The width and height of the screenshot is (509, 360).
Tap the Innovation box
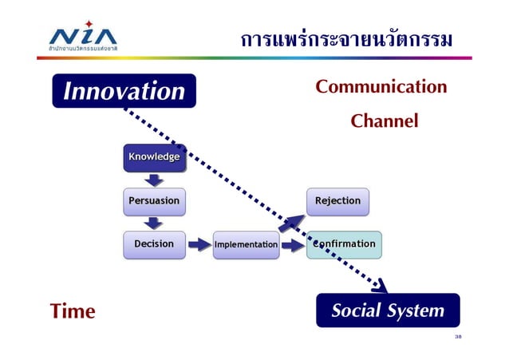124,91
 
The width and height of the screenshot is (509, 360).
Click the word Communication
381,86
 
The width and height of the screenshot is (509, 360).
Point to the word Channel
385,121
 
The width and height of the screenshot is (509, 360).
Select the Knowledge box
154,157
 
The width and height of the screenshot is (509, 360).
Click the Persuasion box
154,201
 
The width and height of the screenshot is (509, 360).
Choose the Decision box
154,244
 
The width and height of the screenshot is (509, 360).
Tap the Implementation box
246,245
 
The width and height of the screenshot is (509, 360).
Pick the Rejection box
337,201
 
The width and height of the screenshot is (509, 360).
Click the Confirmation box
344,244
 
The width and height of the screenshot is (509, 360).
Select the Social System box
388,311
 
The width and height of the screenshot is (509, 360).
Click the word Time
73,311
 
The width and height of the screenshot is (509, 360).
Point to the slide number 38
458,337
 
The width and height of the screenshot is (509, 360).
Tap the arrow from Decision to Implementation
199,245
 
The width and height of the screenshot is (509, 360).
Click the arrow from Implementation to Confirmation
292,245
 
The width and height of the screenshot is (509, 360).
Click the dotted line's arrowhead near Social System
380,286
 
